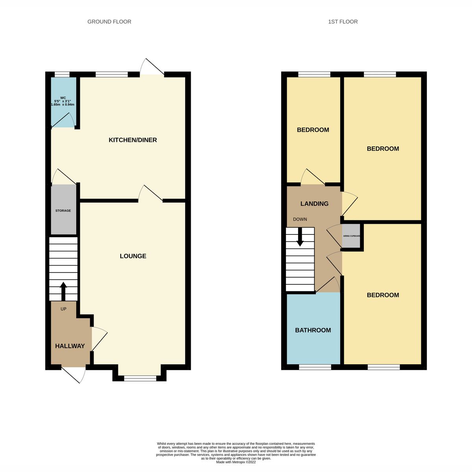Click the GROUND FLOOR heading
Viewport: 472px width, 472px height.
(x=109, y=22)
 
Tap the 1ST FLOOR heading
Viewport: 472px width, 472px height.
(x=343, y=22)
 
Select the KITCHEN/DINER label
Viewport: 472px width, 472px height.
(x=133, y=140)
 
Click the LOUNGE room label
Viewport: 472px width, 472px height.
(x=133, y=256)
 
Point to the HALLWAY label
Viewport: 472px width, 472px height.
(x=70, y=346)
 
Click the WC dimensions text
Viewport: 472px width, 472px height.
(x=63, y=101)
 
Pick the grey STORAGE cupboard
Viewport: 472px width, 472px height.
(x=63, y=210)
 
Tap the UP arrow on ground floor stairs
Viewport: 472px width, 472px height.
(x=63, y=290)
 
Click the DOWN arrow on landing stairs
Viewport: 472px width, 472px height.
(x=300, y=238)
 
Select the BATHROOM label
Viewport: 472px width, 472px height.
(x=313, y=330)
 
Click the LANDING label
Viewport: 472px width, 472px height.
(x=314, y=204)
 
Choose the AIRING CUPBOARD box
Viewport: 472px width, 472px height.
(x=351, y=236)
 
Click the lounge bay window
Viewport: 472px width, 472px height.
(x=140, y=378)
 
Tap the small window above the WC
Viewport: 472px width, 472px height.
(x=62, y=74)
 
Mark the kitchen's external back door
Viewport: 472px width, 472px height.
(x=153, y=68)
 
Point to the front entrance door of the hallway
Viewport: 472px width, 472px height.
(x=74, y=374)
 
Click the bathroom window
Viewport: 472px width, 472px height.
(x=315, y=367)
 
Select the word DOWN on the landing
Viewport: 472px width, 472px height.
(x=300, y=219)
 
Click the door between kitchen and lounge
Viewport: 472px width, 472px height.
(x=150, y=194)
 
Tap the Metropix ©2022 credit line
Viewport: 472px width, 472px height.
(x=236, y=462)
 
